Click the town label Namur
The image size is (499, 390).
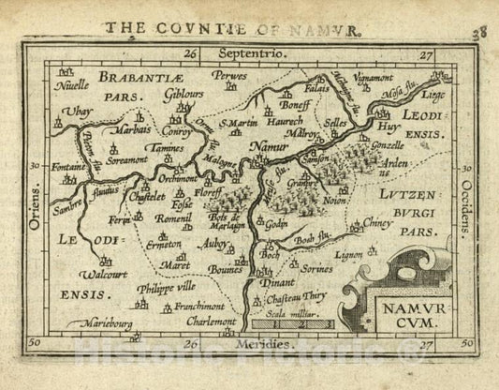[x=270, y=148]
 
